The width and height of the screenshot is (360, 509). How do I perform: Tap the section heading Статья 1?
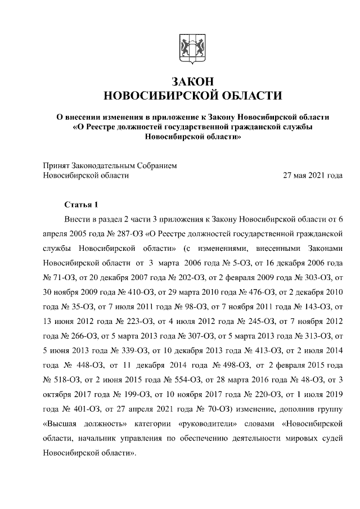[81, 204]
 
